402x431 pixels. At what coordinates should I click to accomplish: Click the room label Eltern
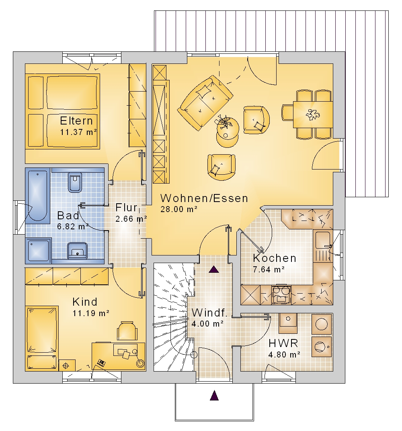tap(76, 121)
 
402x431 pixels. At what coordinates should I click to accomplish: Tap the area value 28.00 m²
tap(179, 209)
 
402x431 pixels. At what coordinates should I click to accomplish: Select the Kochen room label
tap(275, 258)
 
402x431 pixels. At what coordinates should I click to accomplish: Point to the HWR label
tap(283, 343)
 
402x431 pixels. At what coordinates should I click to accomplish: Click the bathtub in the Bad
tap(38, 195)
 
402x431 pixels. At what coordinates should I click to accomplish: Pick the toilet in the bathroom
tap(74, 182)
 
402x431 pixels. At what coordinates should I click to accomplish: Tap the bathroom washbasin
tap(77, 251)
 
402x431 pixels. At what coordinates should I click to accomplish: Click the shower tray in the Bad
tap(38, 250)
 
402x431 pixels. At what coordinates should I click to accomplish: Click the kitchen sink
tap(323, 246)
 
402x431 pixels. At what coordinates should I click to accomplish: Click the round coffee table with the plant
tap(227, 132)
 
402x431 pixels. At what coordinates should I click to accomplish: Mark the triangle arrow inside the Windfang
tap(214, 269)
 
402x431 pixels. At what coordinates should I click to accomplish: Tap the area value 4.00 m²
tap(207, 324)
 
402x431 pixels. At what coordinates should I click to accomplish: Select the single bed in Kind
tap(42, 338)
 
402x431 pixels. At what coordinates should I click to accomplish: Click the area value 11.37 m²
tap(78, 132)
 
